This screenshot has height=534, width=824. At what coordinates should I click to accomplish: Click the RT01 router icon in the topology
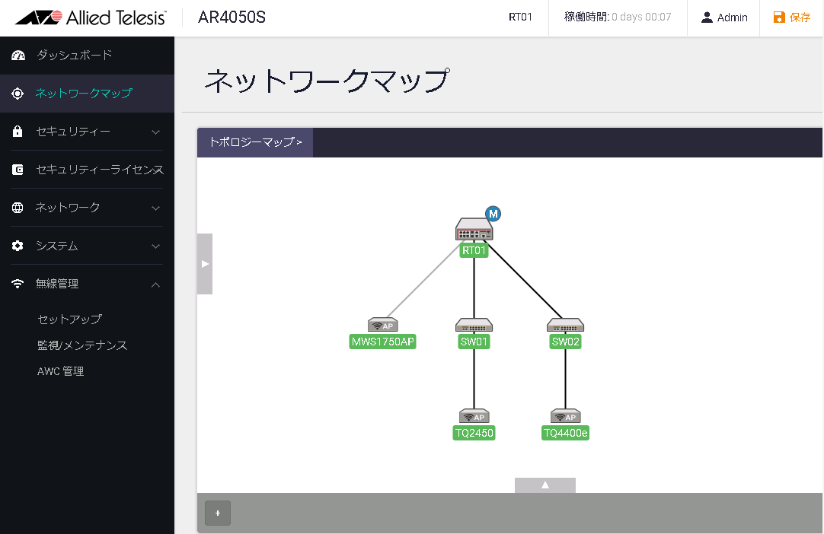click(474, 230)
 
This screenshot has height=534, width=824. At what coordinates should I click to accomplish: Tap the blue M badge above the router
click(493, 214)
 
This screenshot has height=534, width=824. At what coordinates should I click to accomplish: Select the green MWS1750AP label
click(382, 342)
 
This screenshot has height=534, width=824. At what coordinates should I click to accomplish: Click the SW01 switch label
click(474, 342)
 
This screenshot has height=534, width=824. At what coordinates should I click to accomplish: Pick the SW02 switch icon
click(565, 325)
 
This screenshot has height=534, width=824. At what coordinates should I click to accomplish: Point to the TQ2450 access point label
click(474, 433)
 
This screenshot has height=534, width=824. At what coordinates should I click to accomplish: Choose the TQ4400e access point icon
click(565, 416)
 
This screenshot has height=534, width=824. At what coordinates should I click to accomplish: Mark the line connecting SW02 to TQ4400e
click(565, 379)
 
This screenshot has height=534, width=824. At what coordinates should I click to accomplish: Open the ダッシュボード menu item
click(74, 55)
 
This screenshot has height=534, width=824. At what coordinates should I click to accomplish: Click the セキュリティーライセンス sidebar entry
click(99, 170)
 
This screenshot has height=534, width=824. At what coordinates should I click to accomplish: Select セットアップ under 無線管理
click(70, 319)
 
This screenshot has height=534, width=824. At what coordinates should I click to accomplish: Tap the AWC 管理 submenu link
click(60, 371)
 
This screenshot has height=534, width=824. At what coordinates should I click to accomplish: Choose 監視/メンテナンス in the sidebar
click(82, 345)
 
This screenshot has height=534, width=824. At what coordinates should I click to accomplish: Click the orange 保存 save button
click(792, 17)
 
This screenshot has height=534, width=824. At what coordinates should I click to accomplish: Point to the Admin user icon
click(707, 17)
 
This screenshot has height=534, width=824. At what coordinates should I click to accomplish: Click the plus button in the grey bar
click(218, 513)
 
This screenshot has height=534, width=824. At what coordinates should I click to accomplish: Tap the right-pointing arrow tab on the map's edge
click(205, 264)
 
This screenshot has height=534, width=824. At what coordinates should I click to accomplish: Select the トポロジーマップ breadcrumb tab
click(255, 142)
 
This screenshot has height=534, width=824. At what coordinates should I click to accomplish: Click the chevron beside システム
click(155, 246)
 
